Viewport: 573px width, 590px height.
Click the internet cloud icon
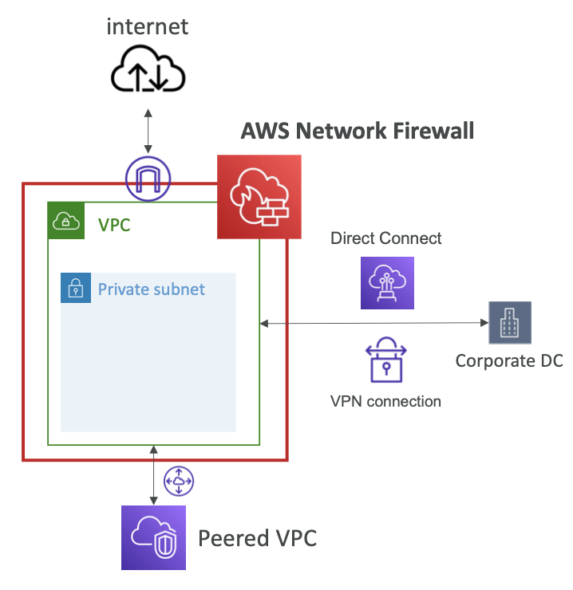coord(148,69)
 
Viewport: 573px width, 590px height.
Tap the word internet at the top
coord(148,27)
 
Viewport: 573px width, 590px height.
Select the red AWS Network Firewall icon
coord(259,197)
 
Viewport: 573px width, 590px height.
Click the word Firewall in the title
coord(433,131)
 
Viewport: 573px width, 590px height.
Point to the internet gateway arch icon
coord(148,179)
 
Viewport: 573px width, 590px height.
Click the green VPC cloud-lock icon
coord(66,221)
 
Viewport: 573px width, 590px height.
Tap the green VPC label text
coord(114,225)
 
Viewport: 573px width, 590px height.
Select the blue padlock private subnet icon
coord(76,288)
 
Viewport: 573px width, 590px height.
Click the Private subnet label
coord(152,289)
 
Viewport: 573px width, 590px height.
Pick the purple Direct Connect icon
coord(387,283)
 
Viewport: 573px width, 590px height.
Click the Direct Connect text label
coord(385,238)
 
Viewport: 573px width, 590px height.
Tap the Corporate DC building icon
coord(510,322)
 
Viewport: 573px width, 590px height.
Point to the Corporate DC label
coord(509,361)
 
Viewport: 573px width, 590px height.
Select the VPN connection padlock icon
coord(386,360)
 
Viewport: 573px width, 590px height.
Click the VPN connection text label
coord(385,402)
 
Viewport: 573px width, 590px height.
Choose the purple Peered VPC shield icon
coord(153,537)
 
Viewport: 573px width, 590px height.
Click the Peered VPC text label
coord(257,538)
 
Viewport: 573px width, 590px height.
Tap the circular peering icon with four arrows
coord(179,481)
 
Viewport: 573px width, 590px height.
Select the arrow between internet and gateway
coord(148,132)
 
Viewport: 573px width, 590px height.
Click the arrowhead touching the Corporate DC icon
coord(485,322)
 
